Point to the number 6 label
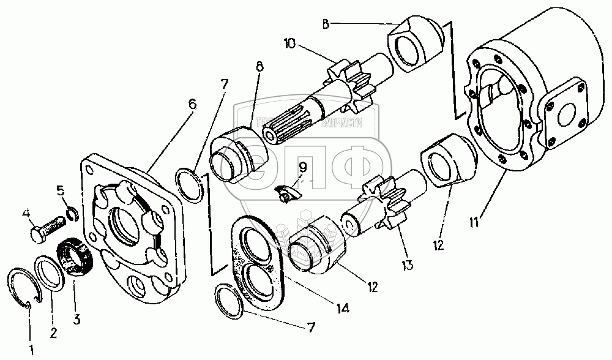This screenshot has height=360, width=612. [193, 104]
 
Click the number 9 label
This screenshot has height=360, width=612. [302, 167]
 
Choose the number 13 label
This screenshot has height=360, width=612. [408, 266]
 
